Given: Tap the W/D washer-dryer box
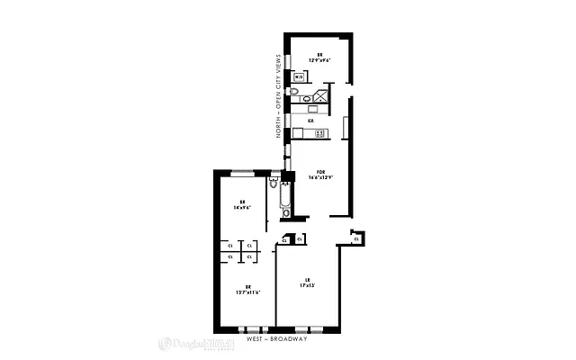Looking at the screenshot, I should pyautogui.click(x=299, y=78).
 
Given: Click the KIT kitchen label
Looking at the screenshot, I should pyautogui.click(x=310, y=120).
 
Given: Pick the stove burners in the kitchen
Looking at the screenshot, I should pyautogui.click(x=319, y=133).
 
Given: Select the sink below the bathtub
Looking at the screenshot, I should pyautogui.click(x=286, y=214).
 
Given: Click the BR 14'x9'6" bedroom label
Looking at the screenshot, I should pyautogui.click(x=241, y=203).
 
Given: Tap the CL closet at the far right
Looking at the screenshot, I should pyautogui.click(x=356, y=238).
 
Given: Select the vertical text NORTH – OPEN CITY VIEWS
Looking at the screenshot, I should pyautogui.click(x=279, y=94).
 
